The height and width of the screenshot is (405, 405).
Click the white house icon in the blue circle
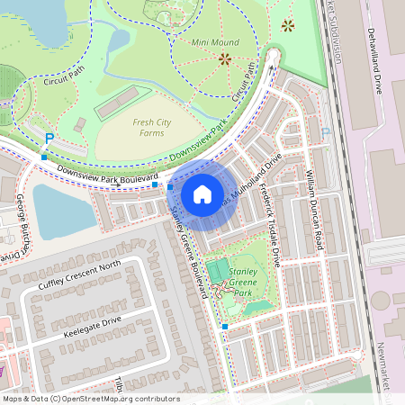click(202, 193)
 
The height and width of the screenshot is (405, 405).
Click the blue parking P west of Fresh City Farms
click(49, 138)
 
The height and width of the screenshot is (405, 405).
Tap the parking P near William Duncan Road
click(326, 132)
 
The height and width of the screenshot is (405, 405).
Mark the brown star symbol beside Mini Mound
click(224, 59)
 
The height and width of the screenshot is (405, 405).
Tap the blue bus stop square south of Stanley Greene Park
click(225, 326)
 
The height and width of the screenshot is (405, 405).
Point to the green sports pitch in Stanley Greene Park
click(218, 269)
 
